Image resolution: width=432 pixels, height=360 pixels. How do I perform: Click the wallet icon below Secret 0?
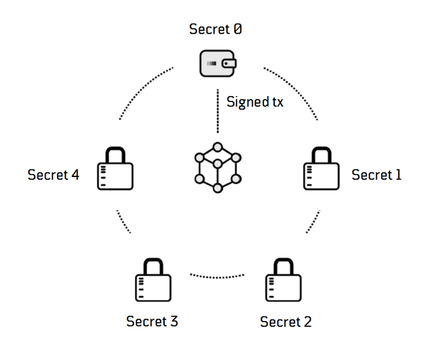tap(217, 63)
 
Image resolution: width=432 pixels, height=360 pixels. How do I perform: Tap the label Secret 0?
tap(216, 29)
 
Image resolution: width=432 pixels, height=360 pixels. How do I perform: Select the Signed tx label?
tap(254, 102)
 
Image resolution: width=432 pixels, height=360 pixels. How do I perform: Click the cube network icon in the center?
tap(217, 167)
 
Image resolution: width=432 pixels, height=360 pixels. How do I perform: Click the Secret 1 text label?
tap(376, 175)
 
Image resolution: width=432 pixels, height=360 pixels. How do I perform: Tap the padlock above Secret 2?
tap(283, 281)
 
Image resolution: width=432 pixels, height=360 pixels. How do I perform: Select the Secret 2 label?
tap(286, 322)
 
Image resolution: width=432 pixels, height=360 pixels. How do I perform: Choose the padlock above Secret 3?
tap(152, 281)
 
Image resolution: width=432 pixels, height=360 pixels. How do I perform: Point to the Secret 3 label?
tap(152, 321)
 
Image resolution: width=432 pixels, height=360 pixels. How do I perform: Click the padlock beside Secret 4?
tap(115, 170)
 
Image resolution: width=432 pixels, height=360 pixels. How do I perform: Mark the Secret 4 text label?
tap(53, 175)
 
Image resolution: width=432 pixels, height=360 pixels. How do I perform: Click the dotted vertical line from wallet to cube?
tap(217, 112)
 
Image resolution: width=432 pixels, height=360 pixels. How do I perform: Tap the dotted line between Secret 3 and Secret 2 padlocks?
tap(217, 275)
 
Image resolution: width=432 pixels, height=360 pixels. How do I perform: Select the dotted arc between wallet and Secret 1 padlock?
tap(294, 90)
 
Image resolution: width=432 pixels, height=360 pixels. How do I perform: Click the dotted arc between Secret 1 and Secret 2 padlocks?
tap(313, 223)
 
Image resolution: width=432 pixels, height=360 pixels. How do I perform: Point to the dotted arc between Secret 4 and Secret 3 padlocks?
tap(123, 223)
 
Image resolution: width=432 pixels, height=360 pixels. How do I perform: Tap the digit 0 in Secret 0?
tap(238, 29)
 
